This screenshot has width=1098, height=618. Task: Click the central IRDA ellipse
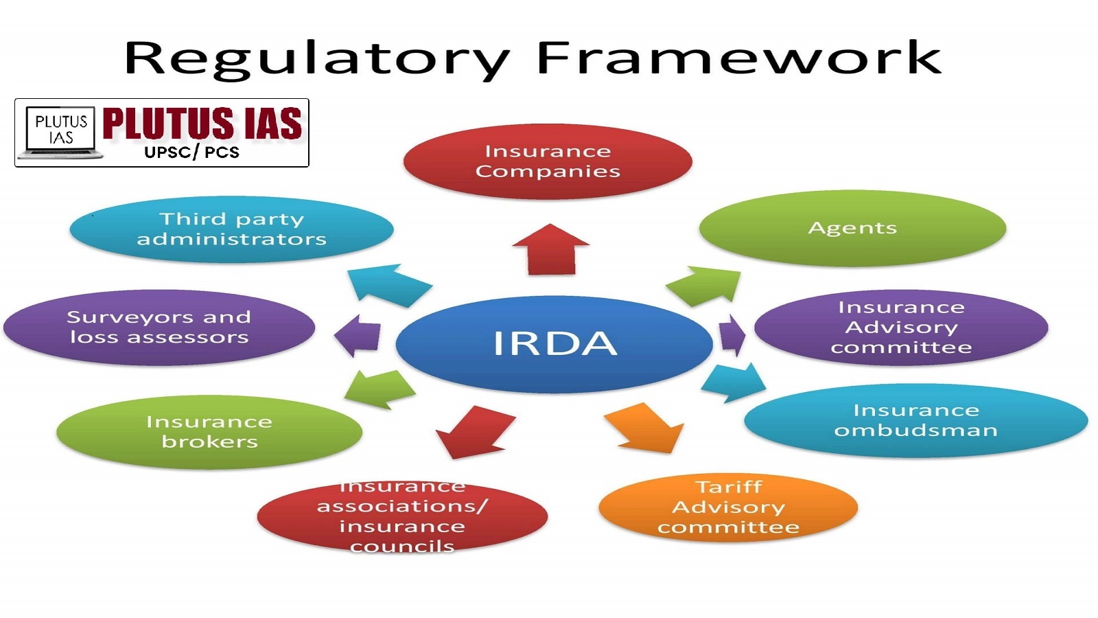[554, 344]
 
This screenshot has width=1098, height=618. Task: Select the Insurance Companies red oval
[548, 161]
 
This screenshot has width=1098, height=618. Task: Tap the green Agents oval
[852, 228]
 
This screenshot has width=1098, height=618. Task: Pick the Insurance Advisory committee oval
[901, 327]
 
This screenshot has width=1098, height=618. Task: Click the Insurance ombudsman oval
[915, 420]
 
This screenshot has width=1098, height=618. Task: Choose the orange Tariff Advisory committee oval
[728, 507]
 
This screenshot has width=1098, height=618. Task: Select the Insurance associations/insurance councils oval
[402, 516]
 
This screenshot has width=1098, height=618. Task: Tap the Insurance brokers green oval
[209, 432]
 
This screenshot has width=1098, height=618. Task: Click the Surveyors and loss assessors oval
[159, 327]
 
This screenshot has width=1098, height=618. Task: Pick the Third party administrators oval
[231, 229]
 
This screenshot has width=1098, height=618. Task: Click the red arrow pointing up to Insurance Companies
[551, 249]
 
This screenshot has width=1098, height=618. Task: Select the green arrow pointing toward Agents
[704, 286]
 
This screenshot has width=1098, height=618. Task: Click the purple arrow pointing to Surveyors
[358, 336]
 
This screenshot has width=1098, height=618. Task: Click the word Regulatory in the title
[317, 59]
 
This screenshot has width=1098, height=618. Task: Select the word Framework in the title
[739, 57]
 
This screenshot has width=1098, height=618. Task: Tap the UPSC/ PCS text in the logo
[192, 152]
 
